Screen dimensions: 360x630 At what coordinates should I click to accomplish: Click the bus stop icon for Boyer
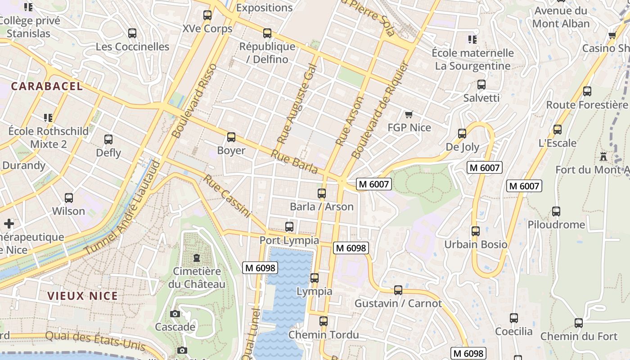pos(231,137)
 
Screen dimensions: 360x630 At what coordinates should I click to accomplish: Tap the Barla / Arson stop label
pos(321,207)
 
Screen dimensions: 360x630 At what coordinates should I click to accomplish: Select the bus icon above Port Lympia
pos(289,227)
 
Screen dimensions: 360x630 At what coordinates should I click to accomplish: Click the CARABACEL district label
pos(47,86)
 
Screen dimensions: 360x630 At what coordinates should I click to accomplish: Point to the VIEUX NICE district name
pos(82,296)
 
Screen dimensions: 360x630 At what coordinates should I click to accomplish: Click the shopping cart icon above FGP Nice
pos(409,114)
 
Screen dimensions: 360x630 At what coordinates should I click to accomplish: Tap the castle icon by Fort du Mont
pos(603,157)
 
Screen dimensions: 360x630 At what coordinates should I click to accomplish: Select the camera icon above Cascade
pos(175,314)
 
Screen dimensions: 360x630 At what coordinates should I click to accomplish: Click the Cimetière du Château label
pos(197,278)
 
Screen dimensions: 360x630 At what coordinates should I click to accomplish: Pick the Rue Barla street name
pos(294,162)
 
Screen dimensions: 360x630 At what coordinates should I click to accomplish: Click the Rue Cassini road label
pos(226,196)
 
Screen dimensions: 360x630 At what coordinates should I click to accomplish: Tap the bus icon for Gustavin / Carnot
pos(398,290)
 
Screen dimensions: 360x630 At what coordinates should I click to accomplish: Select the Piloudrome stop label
pos(556,225)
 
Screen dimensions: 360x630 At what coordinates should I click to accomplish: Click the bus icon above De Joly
pos(462,134)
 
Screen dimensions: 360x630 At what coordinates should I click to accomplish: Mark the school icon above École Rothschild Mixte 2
pos(48,118)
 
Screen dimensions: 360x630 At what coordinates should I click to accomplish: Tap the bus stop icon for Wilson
pos(69,198)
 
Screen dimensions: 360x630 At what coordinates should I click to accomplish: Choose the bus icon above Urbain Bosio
pos(475,231)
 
